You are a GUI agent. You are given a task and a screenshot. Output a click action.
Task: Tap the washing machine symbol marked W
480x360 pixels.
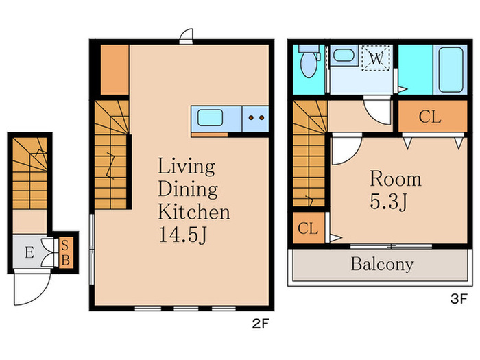tap(376, 58)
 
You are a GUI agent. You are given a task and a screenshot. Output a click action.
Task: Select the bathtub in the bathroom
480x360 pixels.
tap(451, 70)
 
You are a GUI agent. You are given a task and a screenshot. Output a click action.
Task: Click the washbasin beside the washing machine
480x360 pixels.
tap(344, 56)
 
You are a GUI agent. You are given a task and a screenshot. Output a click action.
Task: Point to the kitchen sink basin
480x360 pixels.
tap(210, 118)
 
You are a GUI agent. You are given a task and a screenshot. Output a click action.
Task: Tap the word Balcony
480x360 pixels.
tap(382, 265)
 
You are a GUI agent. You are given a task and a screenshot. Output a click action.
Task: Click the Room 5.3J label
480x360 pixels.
tap(395, 190)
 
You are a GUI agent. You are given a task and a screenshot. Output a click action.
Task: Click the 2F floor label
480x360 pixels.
tap(260, 324)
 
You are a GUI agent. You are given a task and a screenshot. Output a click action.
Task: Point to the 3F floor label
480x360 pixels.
tap(459, 298)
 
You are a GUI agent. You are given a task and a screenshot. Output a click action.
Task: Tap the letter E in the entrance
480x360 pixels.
tap(29, 252)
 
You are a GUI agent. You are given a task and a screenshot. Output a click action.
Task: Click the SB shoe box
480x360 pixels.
tap(66, 253)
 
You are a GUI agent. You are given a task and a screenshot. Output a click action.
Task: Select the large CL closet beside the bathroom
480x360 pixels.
tap(433, 117)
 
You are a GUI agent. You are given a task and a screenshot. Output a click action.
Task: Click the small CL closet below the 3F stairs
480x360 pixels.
tap(309, 228)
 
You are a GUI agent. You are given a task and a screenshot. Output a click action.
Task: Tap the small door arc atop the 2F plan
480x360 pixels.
tap(187, 34)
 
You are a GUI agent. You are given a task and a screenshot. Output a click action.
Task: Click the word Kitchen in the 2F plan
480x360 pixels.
tap(194, 212)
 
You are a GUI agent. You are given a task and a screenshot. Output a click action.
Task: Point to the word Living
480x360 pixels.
tap(187, 167)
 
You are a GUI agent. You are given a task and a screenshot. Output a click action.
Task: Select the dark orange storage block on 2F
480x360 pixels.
tap(115, 70)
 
